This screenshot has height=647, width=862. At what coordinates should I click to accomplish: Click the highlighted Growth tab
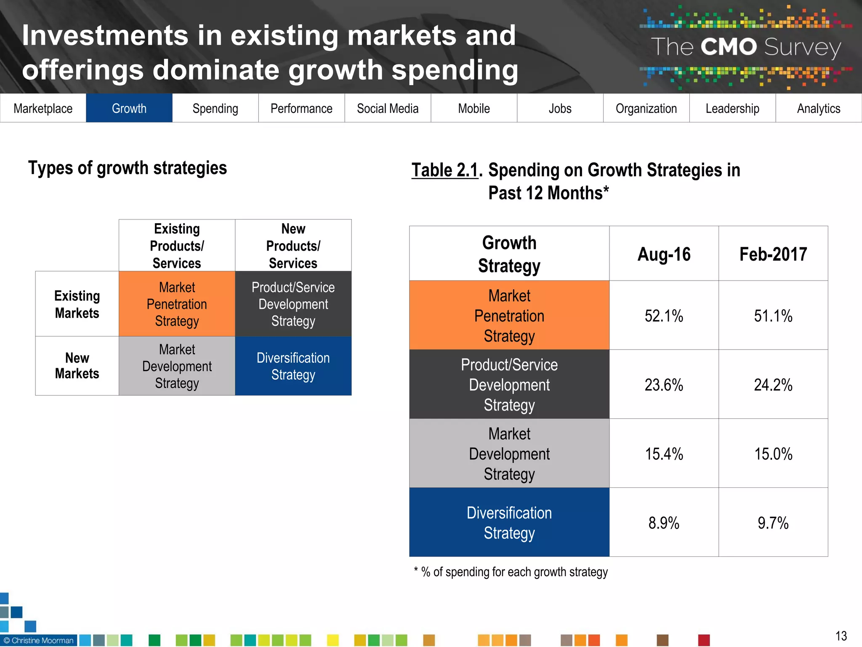point(129,108)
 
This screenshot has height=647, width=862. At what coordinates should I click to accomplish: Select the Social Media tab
point(388,108)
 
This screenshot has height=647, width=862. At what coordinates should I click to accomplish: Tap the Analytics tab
point(818,108)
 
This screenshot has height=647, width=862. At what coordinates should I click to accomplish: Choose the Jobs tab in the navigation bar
point(560,108)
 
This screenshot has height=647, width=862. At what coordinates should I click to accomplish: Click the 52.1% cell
point(664,316)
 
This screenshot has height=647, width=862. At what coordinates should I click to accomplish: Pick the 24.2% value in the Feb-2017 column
point(773,385)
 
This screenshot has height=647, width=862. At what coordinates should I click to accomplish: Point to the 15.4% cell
point(664,454)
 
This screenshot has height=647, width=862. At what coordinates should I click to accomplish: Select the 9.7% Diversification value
point(773,523)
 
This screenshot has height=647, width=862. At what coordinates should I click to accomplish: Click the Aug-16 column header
point(664,254)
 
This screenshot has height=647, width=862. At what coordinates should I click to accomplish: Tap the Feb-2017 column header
point(773,254)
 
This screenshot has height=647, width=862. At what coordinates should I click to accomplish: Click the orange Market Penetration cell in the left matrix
point(177,304)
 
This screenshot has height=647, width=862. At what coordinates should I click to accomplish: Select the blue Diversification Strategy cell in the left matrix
point(293,366)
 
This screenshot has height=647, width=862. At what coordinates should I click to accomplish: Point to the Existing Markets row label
point(77,304)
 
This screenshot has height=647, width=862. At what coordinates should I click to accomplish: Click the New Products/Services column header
point(293,246)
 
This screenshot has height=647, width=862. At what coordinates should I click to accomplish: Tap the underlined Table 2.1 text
point(445,171)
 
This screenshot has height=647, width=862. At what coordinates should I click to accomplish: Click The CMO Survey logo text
point(746,47)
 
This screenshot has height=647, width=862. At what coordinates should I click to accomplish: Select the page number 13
point(841,636)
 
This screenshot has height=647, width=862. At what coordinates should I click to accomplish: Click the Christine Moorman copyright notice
point(39,640)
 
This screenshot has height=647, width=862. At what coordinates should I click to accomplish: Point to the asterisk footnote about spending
point(511,572)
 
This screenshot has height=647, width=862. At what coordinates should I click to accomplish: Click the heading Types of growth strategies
point(128,168)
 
